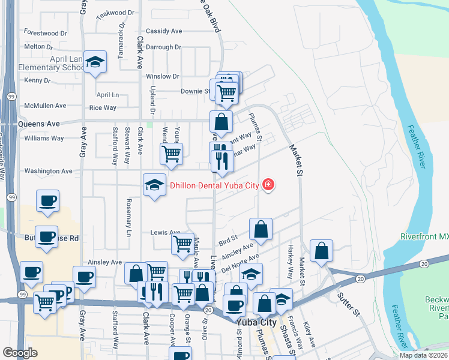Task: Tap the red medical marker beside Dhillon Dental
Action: [x=268, y=185]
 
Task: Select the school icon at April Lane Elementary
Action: [x=95, y=62]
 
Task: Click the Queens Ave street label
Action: [x=40, y=124]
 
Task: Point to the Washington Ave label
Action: [x=49, y=171]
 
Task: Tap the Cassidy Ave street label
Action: [x=164, y=31]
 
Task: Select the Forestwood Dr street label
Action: [x=45, y=34]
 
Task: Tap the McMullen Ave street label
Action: [x=45, y=106]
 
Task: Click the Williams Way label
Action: [x=44, y=139]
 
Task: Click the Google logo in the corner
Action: [x=20, y=353]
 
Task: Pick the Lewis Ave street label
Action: [x=166, y=232]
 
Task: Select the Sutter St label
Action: [x=348, y=305]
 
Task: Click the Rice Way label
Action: [x=103, y=108]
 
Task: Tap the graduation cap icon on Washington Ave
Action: [x=154, y=185]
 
